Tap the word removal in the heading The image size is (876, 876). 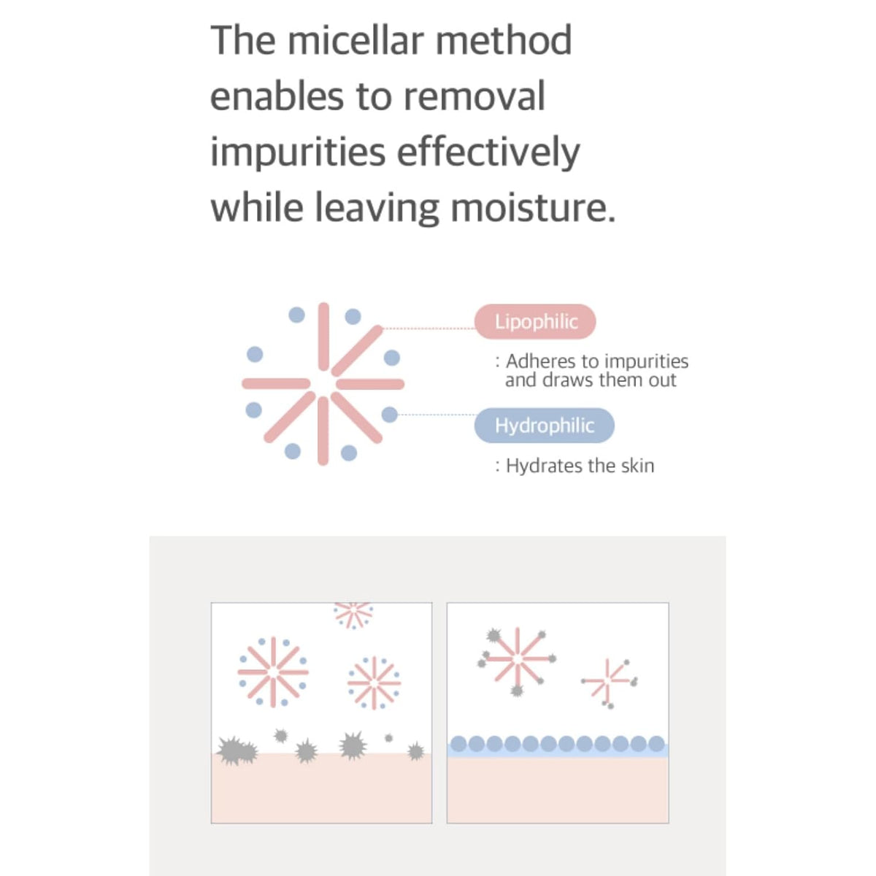pyautogui.click(x=474, y=96)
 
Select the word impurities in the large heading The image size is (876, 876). pyautogui.click(x=298, y=153)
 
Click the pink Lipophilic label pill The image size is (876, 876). pyautogui.click(x=535, y=321)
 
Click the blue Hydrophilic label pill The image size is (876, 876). pyautogui.click(x=544, y=425)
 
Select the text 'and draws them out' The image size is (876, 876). pyautogui.click(x=591, y=380)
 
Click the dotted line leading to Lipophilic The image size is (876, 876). pyautogui.click(x=429, y=328)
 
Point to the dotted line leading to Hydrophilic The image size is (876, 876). pyautogui.click(x=437, y=414)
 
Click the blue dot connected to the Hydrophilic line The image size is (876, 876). pyautogui.click(x=390, y=414)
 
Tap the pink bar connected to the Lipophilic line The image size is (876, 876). pyautogui.click(x=357, y=350)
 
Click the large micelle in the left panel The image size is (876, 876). pyautogui.click(x=273, y=672)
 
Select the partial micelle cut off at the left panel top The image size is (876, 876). pyautogui.click(x=353, y=615)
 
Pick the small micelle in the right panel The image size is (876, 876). pyautogui.click(x=609, y=683)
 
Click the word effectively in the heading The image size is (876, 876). pyautogui.click(x=488, y=152)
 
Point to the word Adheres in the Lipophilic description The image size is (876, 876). pyautogui.click(x=541, y=361)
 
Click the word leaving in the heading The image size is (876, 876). pyautogui.click(x=377, y=208)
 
